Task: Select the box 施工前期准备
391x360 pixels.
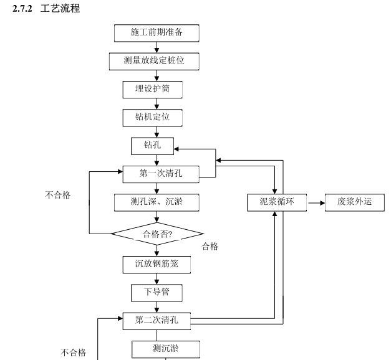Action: (x=157, y=32)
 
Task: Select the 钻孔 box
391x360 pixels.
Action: (x=152, y=146)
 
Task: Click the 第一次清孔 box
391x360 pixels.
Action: (x=160, y=174)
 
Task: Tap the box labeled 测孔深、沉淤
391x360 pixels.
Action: (x=157, y=202)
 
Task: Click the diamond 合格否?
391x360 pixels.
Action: (x=158, y=234)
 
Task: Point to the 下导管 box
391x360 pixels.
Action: (x=152, y=291)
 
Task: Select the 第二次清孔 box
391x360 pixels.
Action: (x=157, y=320)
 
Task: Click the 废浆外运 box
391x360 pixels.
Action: (x=355, y=202)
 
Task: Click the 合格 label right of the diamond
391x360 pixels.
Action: (x=211, y=246)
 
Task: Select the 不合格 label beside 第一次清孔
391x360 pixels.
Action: (x=58, y=195)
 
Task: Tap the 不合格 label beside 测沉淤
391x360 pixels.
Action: (x=73, y=353)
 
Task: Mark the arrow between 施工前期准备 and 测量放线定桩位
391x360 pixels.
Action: (x=157, y=47)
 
